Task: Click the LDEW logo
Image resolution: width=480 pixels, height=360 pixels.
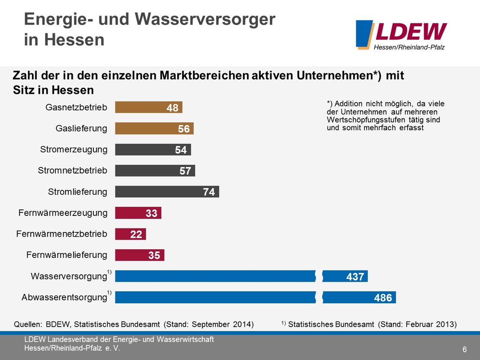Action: click(x=401, y=35)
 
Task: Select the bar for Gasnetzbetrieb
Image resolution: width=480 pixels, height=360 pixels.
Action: click(x=148, y=107)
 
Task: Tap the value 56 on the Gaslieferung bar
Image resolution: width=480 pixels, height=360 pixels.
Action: click(x=184, y=129)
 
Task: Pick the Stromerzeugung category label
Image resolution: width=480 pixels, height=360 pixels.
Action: click(x=74, y=150)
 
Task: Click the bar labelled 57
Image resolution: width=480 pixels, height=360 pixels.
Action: click(x=155, y=170)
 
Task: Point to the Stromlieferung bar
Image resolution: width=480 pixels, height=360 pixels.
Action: click(x=167, y=192)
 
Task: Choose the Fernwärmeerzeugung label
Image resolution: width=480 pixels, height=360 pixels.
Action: click(x=63, y=213)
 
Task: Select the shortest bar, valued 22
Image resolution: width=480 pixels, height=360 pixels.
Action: click(x=130, y=234)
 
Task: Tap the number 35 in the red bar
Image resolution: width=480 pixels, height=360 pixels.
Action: click(x=154, y=255)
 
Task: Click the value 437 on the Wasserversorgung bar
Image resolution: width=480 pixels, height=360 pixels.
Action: click(x=355, y=276)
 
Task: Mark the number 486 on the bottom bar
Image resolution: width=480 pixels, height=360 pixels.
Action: click(x=383, y=298)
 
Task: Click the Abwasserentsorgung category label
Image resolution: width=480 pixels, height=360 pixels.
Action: click(x=64, y=298)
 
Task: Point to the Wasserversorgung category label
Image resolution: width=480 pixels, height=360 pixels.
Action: click(x=68, y=276)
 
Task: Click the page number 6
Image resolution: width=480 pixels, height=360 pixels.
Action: click(x=464, y=349)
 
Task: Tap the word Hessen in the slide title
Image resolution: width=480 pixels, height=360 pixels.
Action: click(x=64, y=40)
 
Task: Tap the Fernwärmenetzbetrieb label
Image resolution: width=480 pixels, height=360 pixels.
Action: click(x=61, y=234)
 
